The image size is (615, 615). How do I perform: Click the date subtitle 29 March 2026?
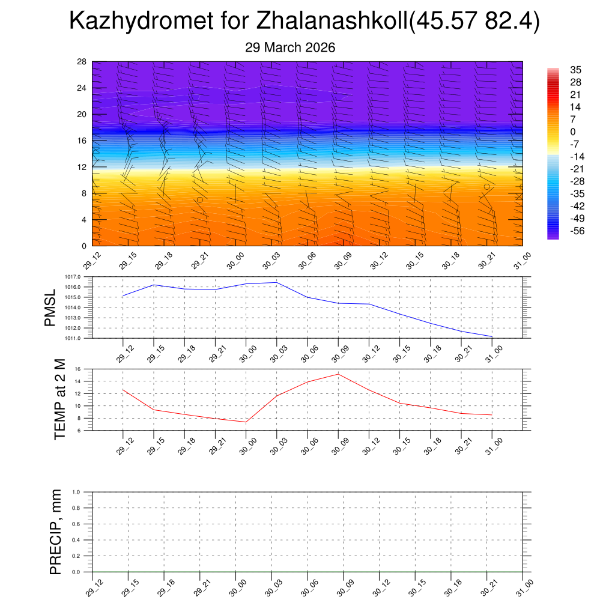(290, 47)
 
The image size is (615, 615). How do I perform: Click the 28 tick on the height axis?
(82, 62)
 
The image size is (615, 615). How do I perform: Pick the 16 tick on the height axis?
(82, 141)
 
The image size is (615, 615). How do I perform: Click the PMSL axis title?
(50, 307)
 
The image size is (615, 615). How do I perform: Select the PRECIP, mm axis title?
(56, 532)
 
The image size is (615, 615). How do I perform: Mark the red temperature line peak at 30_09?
(338, 374)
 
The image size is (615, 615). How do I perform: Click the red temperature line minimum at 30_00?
(246, 422)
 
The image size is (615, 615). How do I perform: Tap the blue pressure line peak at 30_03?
(276, 282)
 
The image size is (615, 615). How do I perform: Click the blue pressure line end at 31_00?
(492, 337)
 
